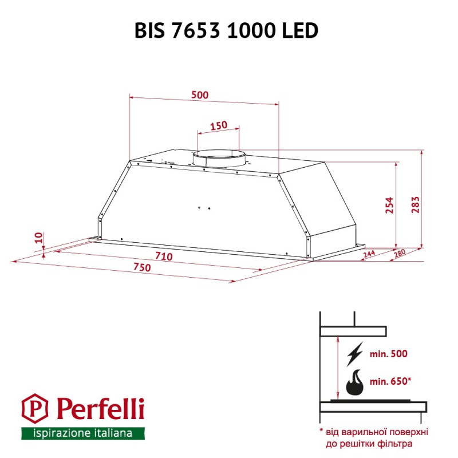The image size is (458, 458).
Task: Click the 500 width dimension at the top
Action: click(200, 95)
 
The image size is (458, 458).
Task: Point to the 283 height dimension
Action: click(416, 204)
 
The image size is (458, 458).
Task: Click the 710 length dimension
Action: click(164, 256)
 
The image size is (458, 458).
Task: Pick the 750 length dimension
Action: click(142, 268)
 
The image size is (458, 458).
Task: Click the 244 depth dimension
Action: click(368, 254)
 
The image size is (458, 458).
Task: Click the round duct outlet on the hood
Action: click(218, 159)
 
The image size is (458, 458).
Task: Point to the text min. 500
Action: click(388, 354)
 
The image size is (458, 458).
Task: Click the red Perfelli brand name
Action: click(100, 409)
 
